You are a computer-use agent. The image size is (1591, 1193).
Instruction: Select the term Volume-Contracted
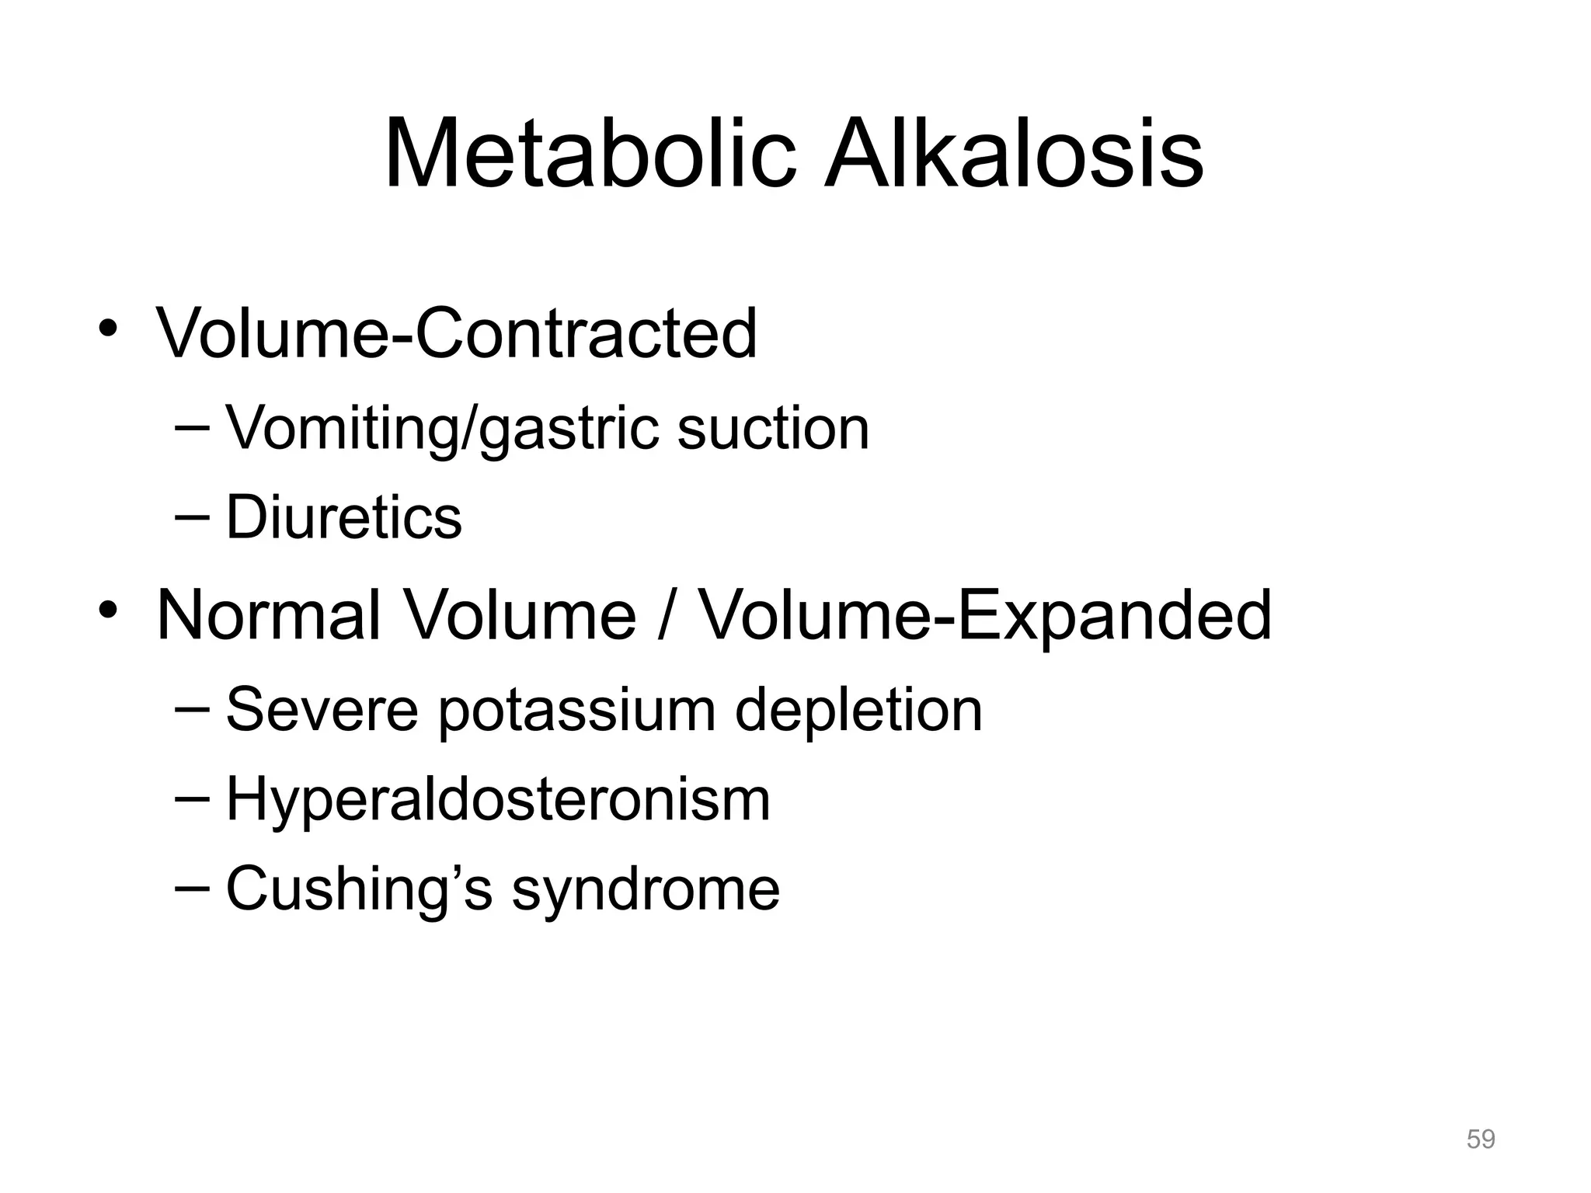(457, 334)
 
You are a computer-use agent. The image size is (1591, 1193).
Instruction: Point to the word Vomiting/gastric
(442, 429)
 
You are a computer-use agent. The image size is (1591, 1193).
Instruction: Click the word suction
(773, 429)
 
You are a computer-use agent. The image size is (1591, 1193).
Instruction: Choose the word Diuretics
(343, 517)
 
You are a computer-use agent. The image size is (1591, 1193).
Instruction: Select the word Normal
(269, 615)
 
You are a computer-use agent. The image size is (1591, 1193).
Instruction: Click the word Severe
(322, 710)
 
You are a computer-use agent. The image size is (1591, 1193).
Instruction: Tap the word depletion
(858, 710)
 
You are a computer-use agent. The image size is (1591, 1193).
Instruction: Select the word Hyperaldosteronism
(498, 800)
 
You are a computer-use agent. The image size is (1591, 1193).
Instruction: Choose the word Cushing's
(359, 889)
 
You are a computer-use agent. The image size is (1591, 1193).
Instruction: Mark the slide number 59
(1480, 1139)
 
